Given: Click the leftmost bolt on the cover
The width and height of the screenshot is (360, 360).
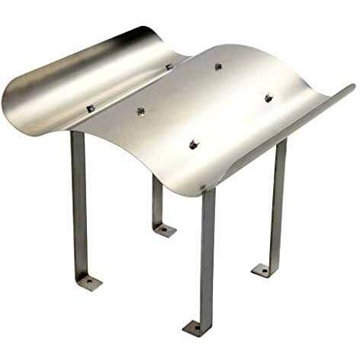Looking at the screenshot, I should pyautogui.click(x=91, y=109).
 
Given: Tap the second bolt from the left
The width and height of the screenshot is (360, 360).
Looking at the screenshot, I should pyautogui.click(x=141, y=111).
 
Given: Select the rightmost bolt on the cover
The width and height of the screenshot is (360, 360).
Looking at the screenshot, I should pyautogui.click(x=268, y=98).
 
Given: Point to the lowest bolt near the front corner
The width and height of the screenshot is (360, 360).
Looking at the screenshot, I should pyautogui.click(x=194, y=145).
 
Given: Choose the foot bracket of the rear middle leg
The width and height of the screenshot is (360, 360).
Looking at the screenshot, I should pyautogui.click(x=163, y=229).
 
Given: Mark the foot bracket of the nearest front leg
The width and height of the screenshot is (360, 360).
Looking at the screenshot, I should pyautogui.click(x=195, y=328).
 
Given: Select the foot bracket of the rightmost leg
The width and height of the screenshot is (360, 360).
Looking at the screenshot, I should pyautogui.click(x=264, y=269).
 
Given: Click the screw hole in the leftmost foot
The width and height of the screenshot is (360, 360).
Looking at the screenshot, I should pyautogui.click(x=89, y=283).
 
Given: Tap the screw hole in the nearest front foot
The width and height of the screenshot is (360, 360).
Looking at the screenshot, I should pyautogui.click(x=194, y=329).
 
